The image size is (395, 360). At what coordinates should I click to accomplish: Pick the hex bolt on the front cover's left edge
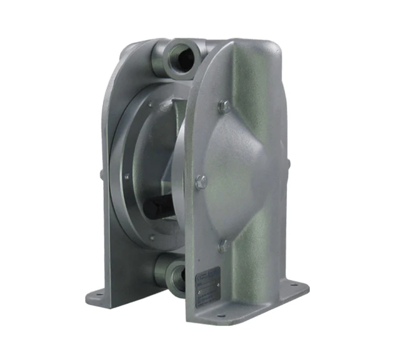click(201, 182)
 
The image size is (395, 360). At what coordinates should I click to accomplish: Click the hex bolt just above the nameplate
click(223, 247)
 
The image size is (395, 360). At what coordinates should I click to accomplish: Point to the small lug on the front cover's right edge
click(287, 163)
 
